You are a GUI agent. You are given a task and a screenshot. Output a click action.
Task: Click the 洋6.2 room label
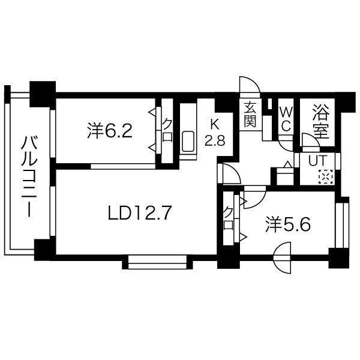pos(109,130)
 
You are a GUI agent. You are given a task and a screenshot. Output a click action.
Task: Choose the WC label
pos(286,119)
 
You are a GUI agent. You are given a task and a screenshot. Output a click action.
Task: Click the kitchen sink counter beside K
pos(187,133)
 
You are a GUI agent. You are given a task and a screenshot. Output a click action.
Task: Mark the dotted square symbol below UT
pos(325,176)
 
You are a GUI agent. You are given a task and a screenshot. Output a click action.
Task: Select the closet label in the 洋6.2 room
pos(167,129)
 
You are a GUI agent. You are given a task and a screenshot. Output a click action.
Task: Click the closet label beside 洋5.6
pos(228,218)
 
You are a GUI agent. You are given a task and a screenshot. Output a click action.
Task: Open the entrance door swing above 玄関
pos(249,86)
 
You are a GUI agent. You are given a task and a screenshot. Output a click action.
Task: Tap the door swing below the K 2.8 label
pos(230,172)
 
